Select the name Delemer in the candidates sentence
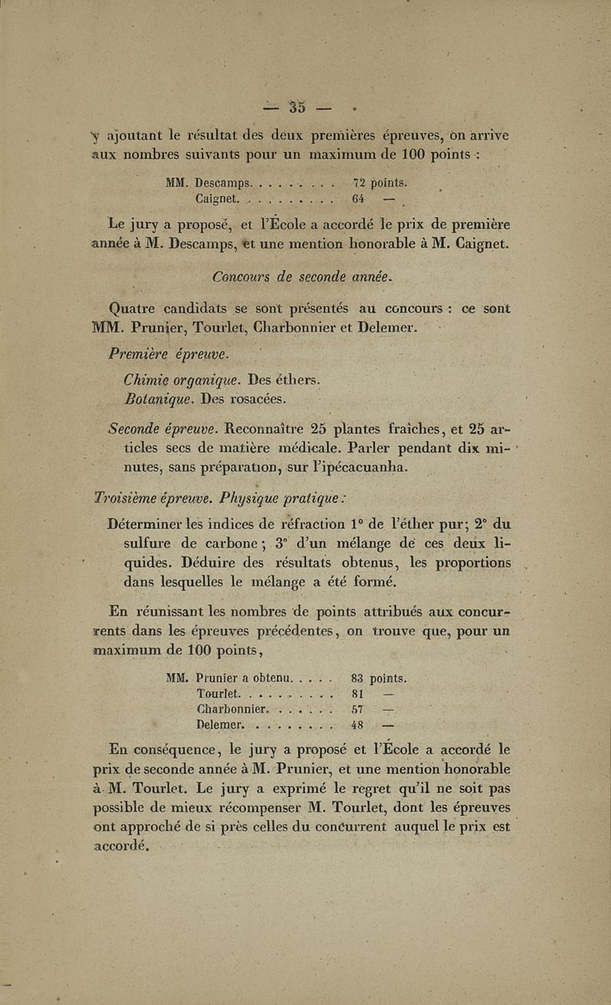387,329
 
